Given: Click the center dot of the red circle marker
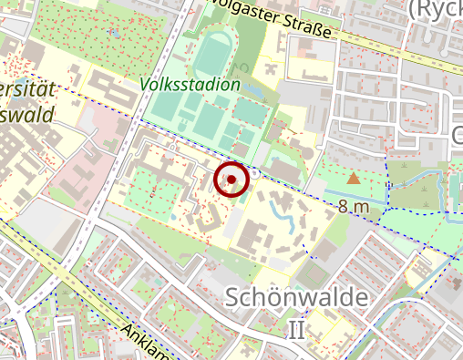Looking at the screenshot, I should point(231,180).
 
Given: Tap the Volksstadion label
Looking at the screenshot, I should point(190,85).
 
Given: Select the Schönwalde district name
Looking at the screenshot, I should point(295,298).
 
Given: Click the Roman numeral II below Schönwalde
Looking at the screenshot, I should point(296,329).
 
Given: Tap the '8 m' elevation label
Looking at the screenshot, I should point(354,207).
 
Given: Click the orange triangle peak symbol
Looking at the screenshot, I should point(354,178).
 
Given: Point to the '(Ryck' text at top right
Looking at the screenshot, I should point(437,9).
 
